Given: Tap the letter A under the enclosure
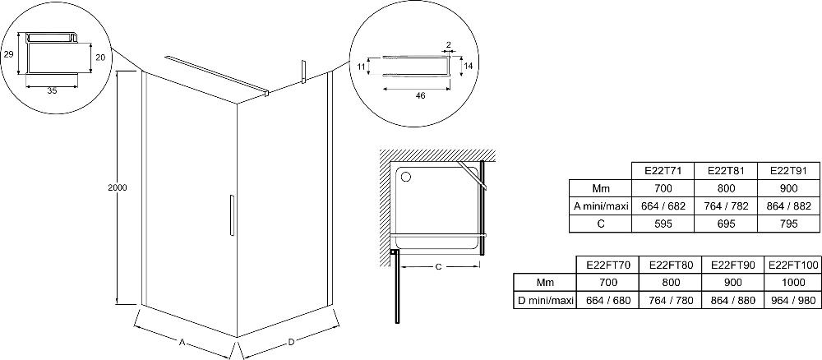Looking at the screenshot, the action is tap(182, 342).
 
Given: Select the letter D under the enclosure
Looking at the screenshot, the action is tap(291, 342).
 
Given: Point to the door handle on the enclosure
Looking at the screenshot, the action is tap(230, 215).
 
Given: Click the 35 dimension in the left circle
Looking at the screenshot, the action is tap(52, 90).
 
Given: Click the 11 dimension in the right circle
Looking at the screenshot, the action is tap(361, 67).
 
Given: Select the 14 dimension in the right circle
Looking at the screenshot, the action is tap(469, 66).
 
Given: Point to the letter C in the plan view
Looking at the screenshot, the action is tap(438, 267).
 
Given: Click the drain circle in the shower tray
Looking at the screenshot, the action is tap(405, 177).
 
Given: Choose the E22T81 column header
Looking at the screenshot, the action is tap(725, 171).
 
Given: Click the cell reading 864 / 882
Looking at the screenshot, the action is tap(788, 206).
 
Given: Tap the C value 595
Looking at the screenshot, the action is tap(663, 224).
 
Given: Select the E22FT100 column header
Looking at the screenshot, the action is tap(793, 265).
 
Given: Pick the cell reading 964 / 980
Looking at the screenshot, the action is tap(793, 301).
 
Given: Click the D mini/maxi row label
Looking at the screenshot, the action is tap(545, 301).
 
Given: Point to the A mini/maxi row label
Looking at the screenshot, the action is tap(601, 206).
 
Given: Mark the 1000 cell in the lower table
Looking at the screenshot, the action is tap(793, 283).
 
